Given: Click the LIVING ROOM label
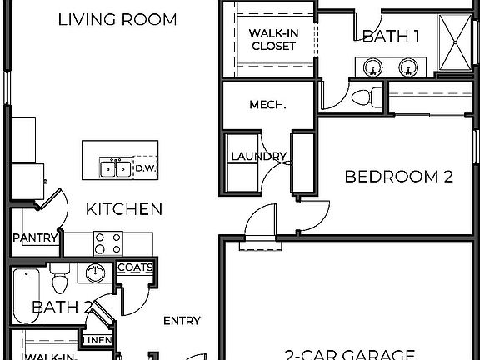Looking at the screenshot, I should click(117, 19).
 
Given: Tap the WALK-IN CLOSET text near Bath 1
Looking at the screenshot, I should click(272, 39).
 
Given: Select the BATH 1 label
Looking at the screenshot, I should click(390, 36).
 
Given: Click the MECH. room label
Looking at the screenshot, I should click(267, 105).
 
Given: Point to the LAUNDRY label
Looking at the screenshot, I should click(258, 156).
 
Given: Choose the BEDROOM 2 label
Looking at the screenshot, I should click(398, 177).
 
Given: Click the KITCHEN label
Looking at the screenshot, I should click(125, 208).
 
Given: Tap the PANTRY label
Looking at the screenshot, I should click(35, 238).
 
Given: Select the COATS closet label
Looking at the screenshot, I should click(134, 267).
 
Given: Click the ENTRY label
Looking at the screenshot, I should click(181, 321).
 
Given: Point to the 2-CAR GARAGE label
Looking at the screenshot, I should click(349, 353).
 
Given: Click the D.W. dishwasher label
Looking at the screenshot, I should click(147, 167).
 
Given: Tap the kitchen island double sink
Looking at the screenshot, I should click(114, 168).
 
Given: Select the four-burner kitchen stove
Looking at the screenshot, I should click(104, 242).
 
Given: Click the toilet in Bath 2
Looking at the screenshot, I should click(59, 275).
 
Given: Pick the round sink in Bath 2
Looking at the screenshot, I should click(95, 272).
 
